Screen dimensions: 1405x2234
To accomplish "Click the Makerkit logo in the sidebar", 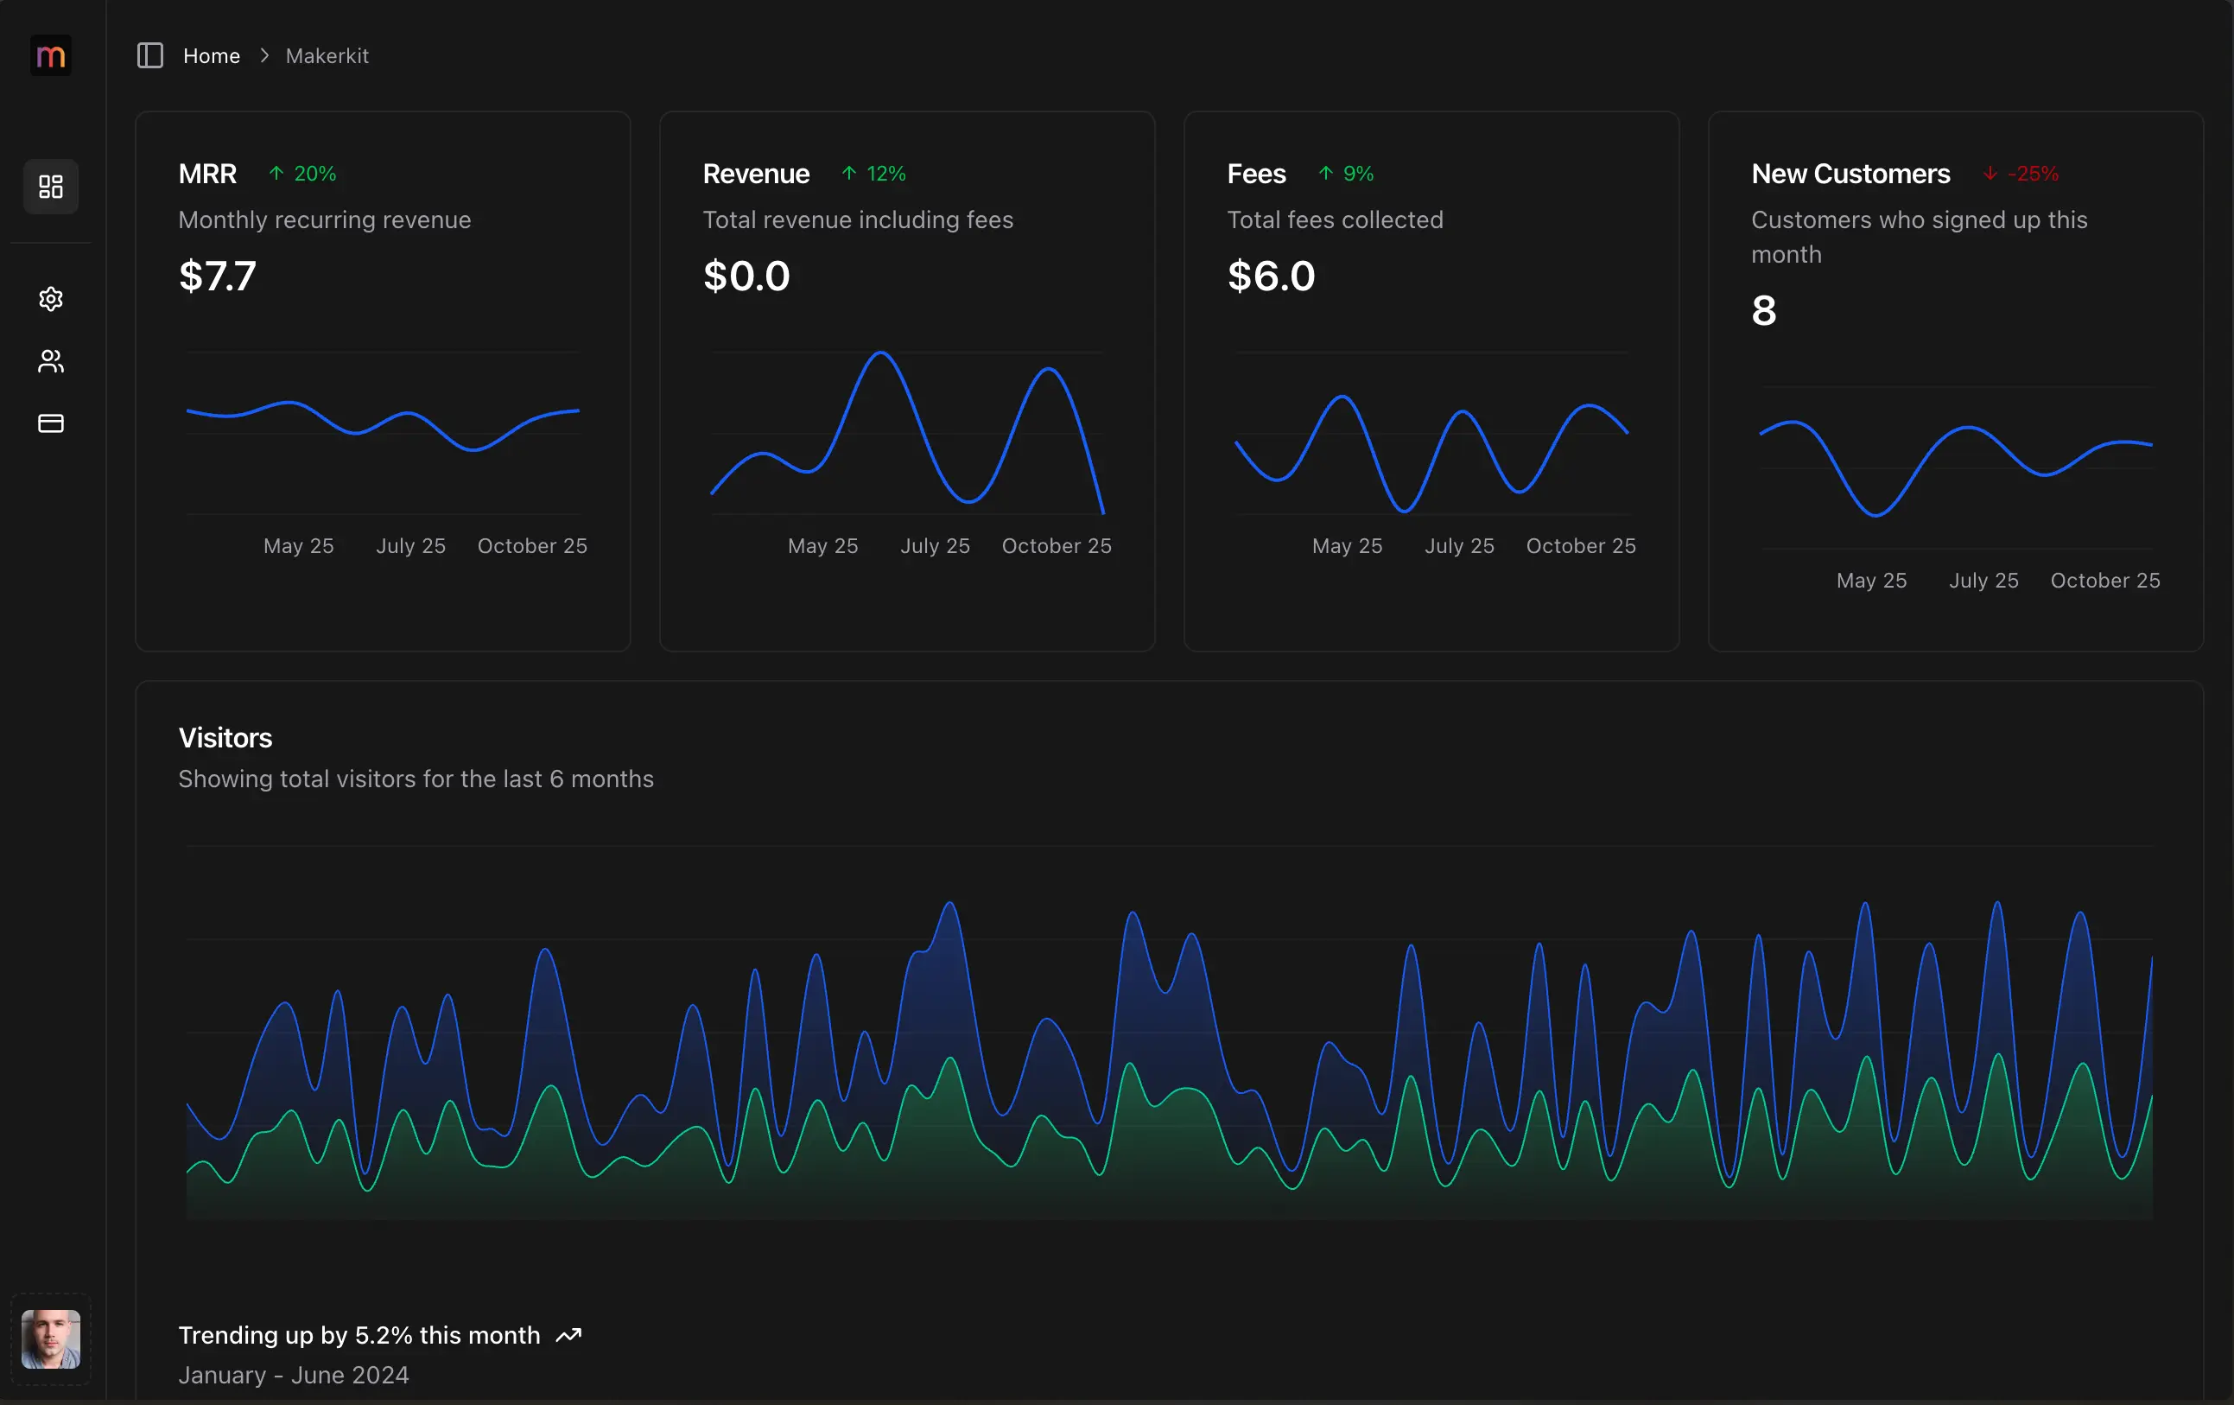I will click(50, 55).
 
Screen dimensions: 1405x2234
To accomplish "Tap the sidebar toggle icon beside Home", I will click(149, 55).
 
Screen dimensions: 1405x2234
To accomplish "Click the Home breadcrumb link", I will click(212, 55).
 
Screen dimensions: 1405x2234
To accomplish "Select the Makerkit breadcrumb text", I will click(327, 55).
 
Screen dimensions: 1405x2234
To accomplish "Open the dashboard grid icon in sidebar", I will click(50, 187).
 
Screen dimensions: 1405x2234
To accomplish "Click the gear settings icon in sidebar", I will click(50, 299).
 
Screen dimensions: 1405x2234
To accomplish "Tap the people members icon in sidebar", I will click(50, 361).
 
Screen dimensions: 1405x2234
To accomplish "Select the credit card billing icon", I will click(50, 423).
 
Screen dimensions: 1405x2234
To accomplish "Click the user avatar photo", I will click(50, 1338).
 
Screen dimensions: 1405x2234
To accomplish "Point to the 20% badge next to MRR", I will click(303, 174).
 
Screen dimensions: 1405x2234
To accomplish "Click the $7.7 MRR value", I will click(217, 276).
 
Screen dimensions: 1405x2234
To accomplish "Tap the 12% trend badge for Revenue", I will click(874, 174).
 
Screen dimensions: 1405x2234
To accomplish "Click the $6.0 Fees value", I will click(1270, 276).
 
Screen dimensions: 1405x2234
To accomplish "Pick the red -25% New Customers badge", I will click(2021, 174).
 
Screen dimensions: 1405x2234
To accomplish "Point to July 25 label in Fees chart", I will click(1458, 545).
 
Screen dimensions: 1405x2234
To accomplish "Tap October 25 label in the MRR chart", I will click(531, 545).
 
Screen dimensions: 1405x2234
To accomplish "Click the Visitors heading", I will click(225, 738).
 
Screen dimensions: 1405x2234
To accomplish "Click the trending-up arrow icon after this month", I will click(568, 1334).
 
